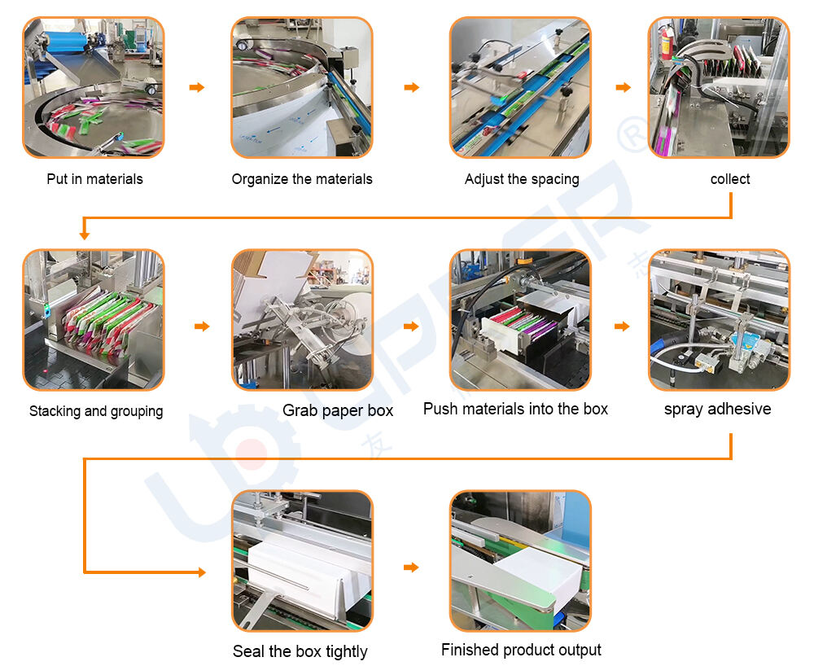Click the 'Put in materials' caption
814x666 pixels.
coord(94,179)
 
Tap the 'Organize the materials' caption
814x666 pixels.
coord(302,179)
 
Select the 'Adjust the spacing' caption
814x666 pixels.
coord(522,179)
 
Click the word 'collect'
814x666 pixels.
coord(730,179)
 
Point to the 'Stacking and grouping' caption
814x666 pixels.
coord(96,411)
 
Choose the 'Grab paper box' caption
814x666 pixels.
coord(338,410)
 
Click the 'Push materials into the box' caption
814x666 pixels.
coord(515,409)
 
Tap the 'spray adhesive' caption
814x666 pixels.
coord(717,409)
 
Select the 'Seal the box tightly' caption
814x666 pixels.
coord(300,651)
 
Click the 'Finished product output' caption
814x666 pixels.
coord(521,650)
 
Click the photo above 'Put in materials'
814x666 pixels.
coord(93,88)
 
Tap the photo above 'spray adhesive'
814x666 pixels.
coord(719,320)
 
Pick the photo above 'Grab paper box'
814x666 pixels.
coord(302,320)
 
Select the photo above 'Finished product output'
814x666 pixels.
coord(521,561)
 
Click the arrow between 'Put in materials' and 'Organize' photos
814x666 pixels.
coord(197,87)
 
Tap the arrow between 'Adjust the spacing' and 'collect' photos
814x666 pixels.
coord(623,87)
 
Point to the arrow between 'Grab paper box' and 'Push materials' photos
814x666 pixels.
coord(411,326)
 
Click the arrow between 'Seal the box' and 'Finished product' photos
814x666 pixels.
coord(411,567)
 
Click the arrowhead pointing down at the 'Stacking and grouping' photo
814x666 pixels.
coord(84,234)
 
